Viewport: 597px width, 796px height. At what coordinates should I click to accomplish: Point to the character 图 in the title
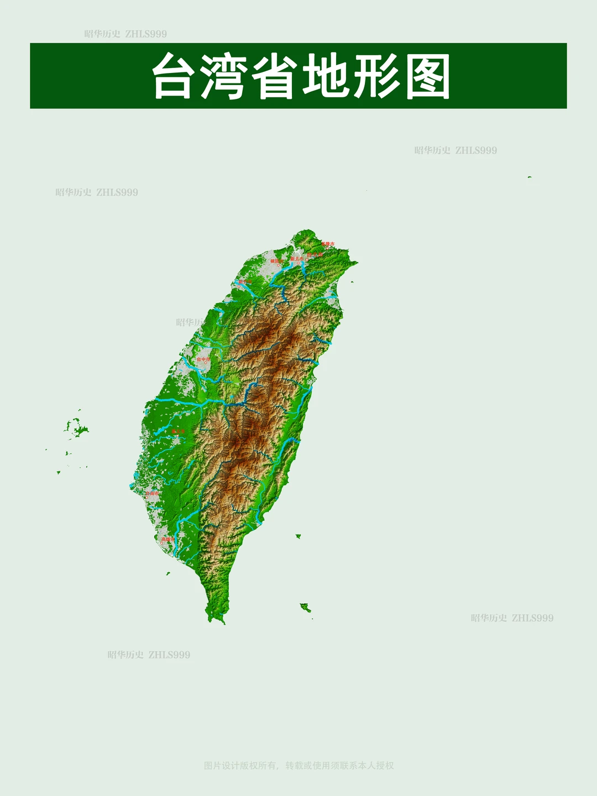click(427, 76)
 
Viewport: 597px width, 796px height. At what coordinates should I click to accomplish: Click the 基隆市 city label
click(328, 244)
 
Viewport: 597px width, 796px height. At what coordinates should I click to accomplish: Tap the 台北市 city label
click(315, 255)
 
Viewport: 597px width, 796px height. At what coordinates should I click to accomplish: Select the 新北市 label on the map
click(297, 259)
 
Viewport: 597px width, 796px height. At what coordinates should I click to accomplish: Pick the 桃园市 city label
click(276, 261)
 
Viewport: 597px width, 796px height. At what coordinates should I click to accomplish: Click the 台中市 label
click(203, 359)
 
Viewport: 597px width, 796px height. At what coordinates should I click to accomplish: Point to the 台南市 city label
click(151, 493)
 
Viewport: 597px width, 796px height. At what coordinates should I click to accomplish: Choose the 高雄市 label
click(167, 539)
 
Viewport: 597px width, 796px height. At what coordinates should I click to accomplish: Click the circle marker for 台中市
click(206, 363)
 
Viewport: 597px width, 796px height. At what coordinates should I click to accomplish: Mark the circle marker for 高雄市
click(162, 543)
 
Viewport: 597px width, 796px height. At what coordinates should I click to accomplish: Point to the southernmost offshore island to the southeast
click(305, 608)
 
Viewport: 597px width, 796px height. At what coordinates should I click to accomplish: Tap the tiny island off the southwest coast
click(168, 573)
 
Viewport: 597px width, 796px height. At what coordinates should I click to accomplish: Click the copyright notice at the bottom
click(298, 766)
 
